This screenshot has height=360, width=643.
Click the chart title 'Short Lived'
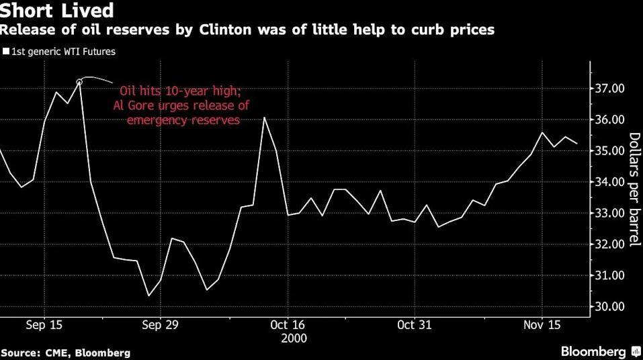tap(57, 11)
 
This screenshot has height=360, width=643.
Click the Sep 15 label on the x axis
tap(44, 324)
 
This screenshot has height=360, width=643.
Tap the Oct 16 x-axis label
tap(287, 324)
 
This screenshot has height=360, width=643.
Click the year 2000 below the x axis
tap(287, 338)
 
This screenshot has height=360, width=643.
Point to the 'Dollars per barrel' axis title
tap(634, 189)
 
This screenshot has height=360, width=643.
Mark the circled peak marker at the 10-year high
tap(79, 82)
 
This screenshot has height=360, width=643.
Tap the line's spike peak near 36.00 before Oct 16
tap(265, 118)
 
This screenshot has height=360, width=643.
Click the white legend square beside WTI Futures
tap(7, 50)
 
